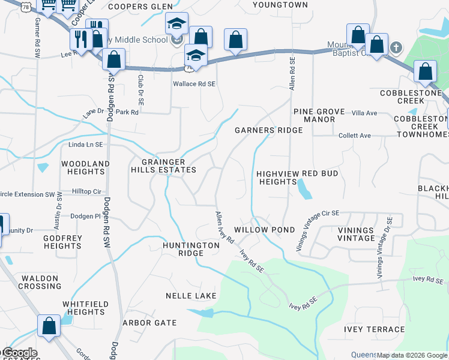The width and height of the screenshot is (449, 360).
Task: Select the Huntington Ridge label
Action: [191, 249]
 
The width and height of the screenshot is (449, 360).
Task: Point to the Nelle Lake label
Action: [190, 296]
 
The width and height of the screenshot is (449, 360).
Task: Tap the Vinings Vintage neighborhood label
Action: [356, 234]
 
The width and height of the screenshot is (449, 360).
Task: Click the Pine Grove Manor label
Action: [318, 115]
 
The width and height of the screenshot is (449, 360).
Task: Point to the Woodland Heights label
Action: [86, 167]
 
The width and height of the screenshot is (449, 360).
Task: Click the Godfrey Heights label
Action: [63, 242]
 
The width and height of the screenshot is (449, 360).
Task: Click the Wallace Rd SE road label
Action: [194, 84]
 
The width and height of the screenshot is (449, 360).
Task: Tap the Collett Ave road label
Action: [355, 136]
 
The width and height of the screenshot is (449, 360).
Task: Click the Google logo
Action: [19, 353]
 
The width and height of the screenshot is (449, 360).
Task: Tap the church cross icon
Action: [396, 47]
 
